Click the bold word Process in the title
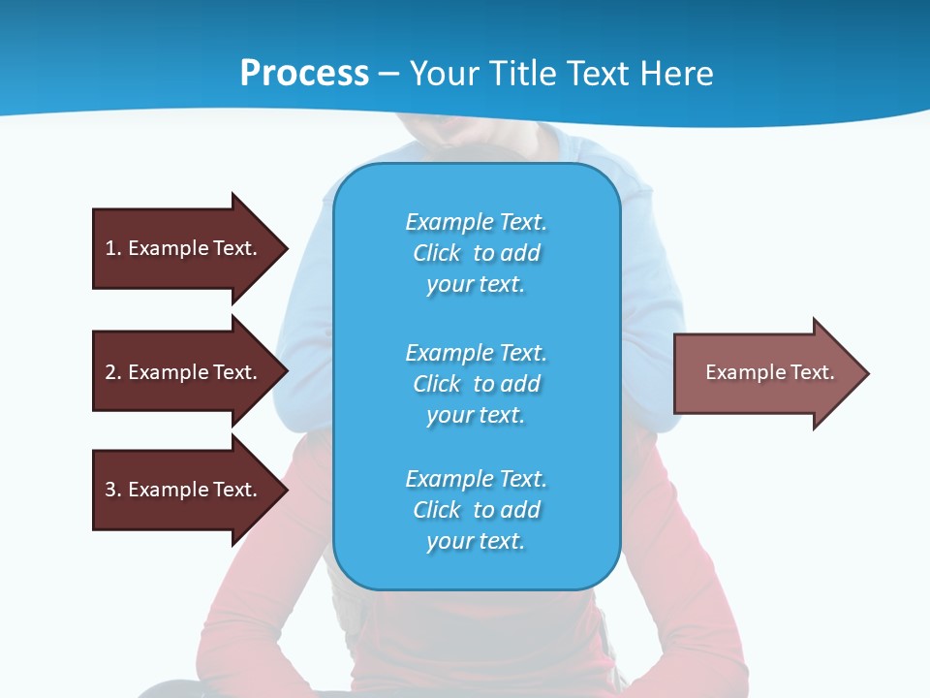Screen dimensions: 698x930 304,74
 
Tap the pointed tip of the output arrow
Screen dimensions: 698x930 866,373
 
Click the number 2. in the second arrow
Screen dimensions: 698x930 112,372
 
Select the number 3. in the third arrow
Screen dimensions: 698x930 112,490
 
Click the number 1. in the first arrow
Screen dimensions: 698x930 112,248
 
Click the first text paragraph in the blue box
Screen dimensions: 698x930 476,253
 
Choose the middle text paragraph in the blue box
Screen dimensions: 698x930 476,384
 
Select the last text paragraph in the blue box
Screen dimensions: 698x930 476,510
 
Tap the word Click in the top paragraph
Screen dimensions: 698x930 436,253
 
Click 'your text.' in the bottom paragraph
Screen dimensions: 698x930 476,541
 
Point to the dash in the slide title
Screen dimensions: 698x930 388,74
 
